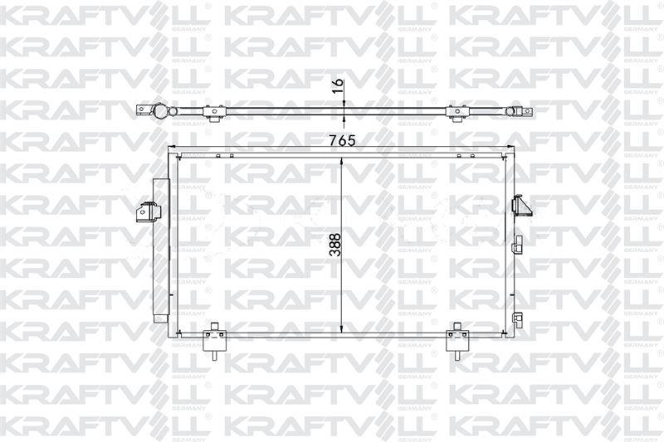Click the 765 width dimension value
click(341, 140)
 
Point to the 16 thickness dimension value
click(337, 87)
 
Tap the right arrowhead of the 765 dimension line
click(509, 150)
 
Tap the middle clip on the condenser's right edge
click(517, 243)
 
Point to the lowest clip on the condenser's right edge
click(517, 318)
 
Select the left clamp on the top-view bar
click(216, 112)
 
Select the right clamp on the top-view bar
click(456, 112)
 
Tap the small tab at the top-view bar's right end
click(525, 113)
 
